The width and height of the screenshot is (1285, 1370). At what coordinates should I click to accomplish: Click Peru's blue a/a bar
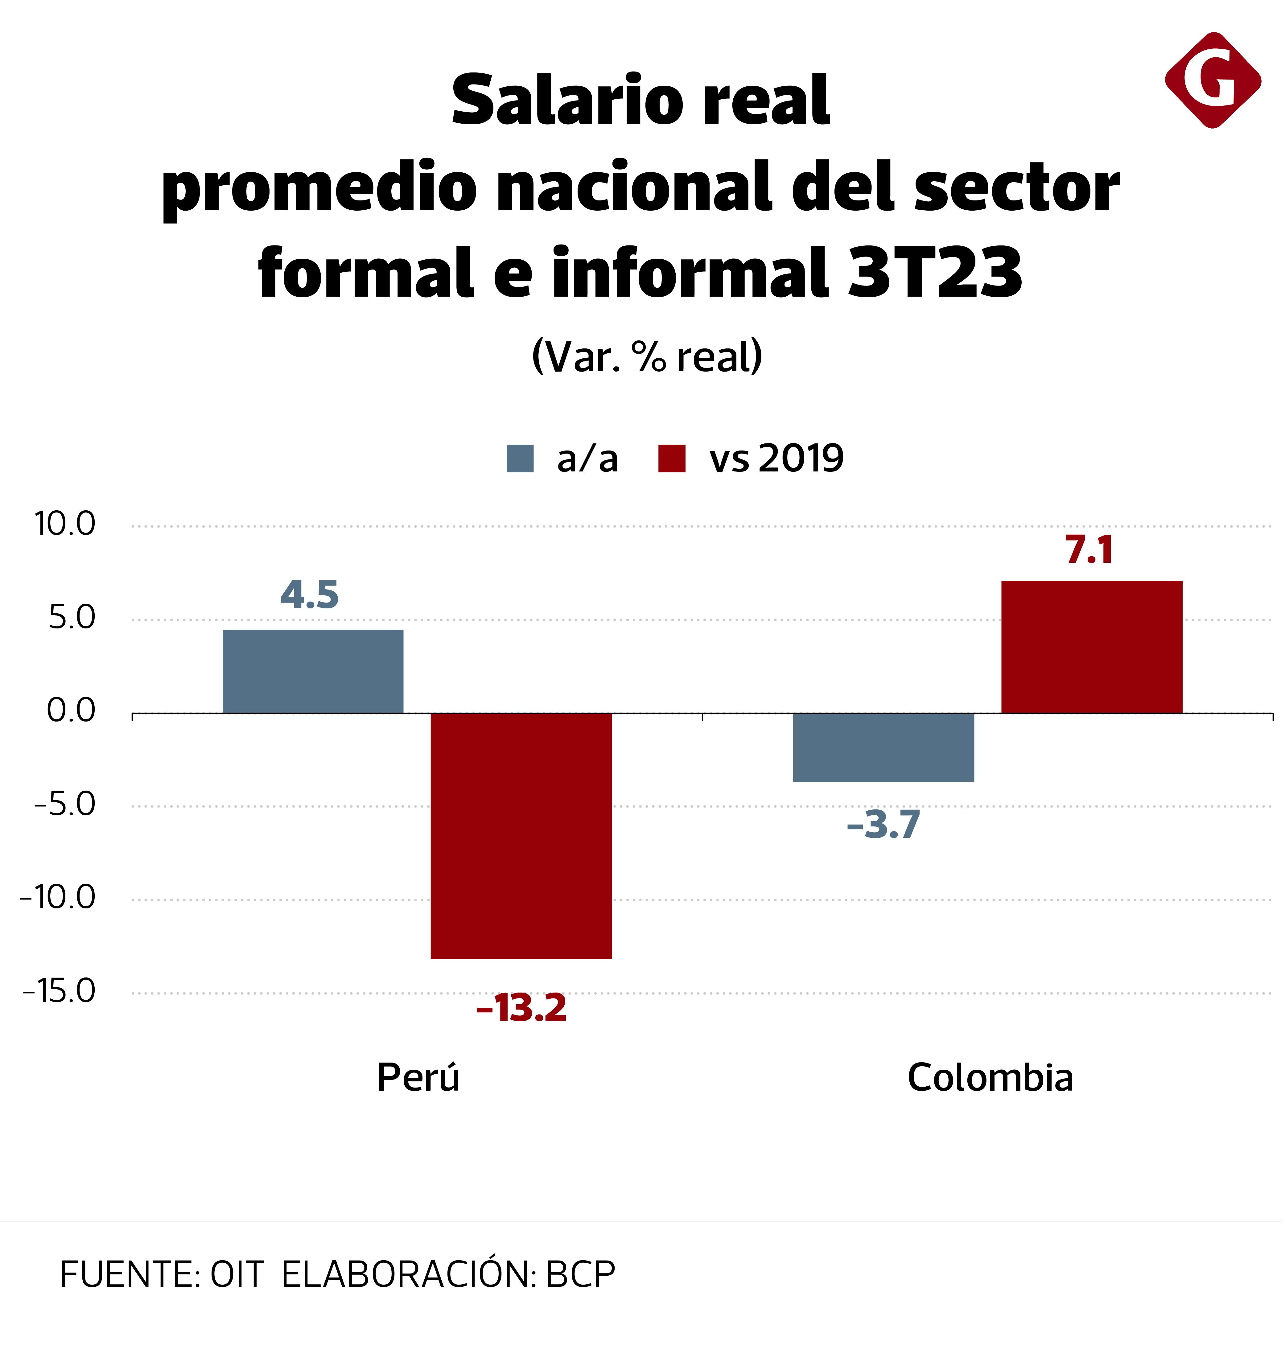(313, 671)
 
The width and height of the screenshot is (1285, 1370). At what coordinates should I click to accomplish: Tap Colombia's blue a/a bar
(883, 747)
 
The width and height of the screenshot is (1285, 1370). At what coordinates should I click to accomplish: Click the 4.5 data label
(309, 595)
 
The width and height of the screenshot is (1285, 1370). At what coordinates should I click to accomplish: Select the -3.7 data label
(883, 825)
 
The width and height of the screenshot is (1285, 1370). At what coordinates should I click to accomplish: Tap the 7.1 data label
(1089, 550)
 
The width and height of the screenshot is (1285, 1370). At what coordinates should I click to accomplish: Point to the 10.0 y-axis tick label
(65, 525)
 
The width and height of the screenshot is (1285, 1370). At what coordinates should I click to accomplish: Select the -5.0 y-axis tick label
(65, 804)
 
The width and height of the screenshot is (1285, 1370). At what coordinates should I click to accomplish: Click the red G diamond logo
(1213, 80)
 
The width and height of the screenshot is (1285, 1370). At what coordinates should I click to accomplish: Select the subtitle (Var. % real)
(647, 357)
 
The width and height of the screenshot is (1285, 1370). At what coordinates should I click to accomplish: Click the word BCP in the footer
(580, 1275)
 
